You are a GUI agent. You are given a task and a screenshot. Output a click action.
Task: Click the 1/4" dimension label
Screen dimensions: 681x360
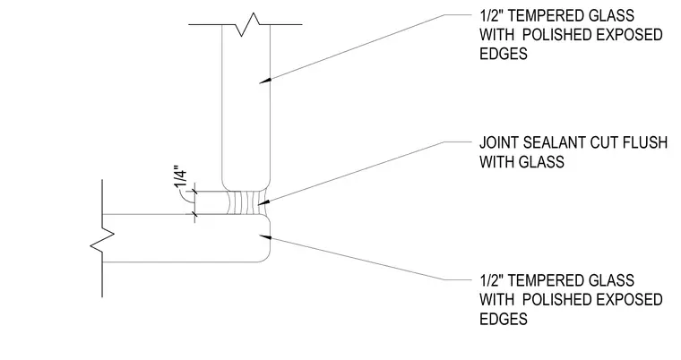pyautogui.click(x=181, y=176)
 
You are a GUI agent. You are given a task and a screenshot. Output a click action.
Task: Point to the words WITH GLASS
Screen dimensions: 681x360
pyautogui.click(x=522, y=161)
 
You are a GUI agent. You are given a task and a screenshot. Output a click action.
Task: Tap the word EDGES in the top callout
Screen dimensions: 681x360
pyautogui.click(x=504, y=54)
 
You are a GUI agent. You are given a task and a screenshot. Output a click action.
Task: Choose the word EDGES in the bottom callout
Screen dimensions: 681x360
pyautogui.click(x=504, y=319)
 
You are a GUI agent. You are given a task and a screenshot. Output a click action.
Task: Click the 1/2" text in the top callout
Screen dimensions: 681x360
pyautogui.click(x=491, y=15)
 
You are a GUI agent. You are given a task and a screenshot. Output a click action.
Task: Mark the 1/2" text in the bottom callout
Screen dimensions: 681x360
pyautogui.click(x=491, y=280)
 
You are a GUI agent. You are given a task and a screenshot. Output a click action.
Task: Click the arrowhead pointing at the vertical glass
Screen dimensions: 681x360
pyautogui.click(x=264, y=81)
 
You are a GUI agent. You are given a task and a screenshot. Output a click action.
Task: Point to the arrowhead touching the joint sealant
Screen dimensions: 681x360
pyautogui.click(x=263, y=202)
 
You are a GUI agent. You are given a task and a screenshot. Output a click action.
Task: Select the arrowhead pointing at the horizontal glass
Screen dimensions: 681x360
pyautogui.click(x=264, y=236)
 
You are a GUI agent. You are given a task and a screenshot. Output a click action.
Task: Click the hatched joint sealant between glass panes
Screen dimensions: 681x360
pyautogui.click(x=247, y=203)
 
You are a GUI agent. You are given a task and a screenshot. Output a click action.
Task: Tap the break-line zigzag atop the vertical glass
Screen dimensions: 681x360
pyautogui.click(x=248, y=24)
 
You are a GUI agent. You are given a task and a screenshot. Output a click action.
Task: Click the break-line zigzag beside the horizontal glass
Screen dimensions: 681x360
pyautogui.click(x=102, y=238)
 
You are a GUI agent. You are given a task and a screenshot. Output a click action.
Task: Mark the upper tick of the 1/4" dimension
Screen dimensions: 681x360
pyautogui.click(x=194, y=192)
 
